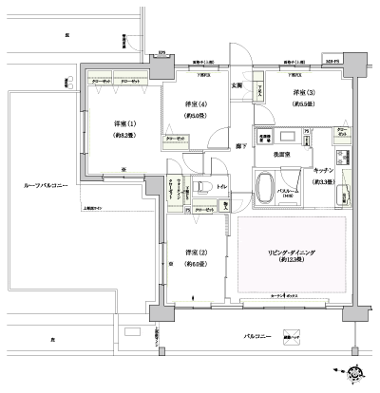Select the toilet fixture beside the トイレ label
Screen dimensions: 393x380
pos(202,186)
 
